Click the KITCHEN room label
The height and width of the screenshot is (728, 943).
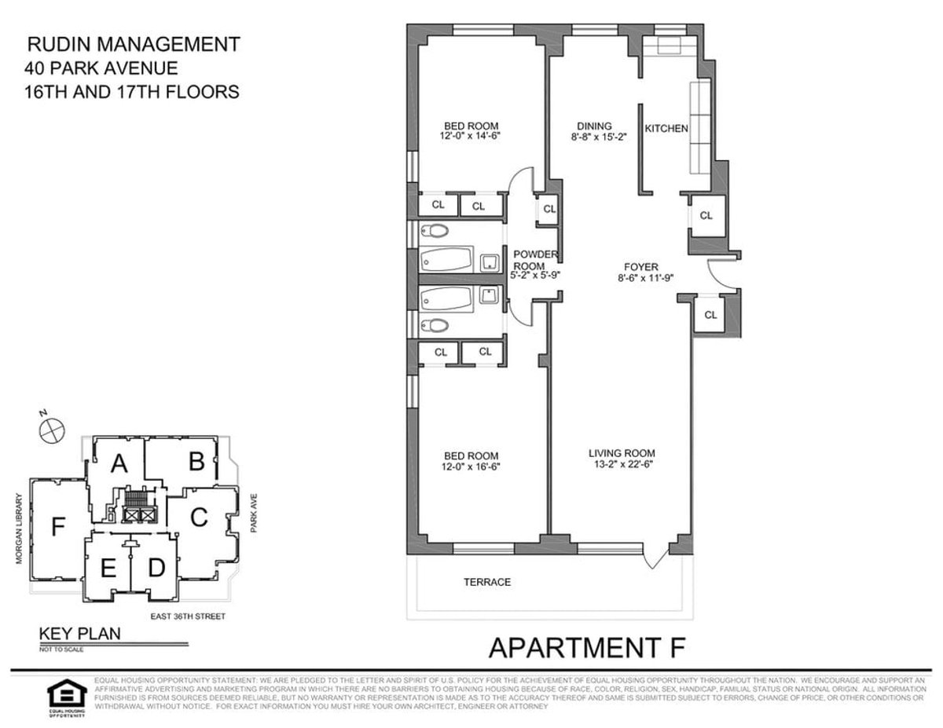click(666, 128)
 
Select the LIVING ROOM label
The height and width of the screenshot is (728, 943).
click(622, 453)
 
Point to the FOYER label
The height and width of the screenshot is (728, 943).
click(641, 266)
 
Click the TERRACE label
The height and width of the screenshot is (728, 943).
click(487, 582)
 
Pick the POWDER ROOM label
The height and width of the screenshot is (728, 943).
click(535, 260)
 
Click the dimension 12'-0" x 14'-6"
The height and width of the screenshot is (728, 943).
click(472, 136)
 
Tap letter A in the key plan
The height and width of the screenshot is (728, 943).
click(119, 464)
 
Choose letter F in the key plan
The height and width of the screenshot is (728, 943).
click(57, 527)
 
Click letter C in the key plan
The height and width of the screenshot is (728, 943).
click(199, 517)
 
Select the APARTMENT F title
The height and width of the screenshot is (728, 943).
click(588, 648)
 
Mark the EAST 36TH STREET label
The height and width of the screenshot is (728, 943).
click(189, 616)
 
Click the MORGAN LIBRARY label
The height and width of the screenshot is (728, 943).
click(16, 528)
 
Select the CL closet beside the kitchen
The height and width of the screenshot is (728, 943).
click(706, 215)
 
